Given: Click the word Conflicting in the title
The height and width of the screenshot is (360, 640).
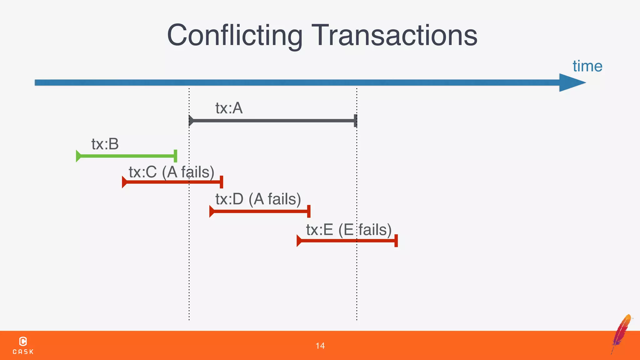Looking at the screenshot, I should [x=235, y=35].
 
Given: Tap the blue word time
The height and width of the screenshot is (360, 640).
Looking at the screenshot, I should [x=587, y=66].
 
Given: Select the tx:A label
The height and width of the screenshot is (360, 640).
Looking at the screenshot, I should [x=229, y=108].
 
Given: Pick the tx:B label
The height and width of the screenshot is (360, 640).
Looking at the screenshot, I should [x=105, y=144].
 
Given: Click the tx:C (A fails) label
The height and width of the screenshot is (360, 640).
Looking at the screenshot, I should [x=172, y=172].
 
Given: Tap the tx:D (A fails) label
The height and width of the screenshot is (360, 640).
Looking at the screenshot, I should [x=258, y=199].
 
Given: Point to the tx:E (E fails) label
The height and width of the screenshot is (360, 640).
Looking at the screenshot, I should [x=349, y=230].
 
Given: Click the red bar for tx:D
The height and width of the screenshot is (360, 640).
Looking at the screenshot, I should [x=259, y=211].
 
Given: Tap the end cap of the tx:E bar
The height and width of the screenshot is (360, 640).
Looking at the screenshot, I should [x=396, y=241].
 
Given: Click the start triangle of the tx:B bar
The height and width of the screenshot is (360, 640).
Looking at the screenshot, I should [x=78, y=156].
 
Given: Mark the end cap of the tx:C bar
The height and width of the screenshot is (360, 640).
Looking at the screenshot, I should [x=221, y=182].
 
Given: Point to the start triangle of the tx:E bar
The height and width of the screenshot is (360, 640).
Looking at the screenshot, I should [x=299, y=241].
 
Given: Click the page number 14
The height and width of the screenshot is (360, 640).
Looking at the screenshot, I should [x=320, y=346].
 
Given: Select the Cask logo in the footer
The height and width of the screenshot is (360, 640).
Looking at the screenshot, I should [x=23, y=345].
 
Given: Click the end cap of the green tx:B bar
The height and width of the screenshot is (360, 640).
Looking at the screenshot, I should [x=175, y=156].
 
